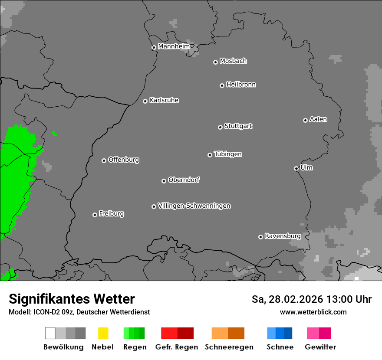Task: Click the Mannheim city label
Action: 174,46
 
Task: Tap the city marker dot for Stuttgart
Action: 220,127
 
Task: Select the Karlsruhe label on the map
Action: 164,100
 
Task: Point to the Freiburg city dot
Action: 95,215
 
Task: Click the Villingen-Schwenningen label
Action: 194,206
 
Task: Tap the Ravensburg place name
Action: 283,236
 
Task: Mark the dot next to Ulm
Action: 296,168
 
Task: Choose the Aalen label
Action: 318,119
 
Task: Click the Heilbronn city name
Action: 241,85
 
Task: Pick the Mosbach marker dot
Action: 215,62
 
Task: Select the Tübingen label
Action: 228,154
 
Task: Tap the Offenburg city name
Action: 124,160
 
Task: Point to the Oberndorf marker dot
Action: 164,181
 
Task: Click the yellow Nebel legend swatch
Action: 103,333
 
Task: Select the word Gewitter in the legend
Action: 320,347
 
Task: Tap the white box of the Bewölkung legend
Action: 50,333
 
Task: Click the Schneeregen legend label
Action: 229,347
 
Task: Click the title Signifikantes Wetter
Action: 72,299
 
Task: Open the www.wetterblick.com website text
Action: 313,312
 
